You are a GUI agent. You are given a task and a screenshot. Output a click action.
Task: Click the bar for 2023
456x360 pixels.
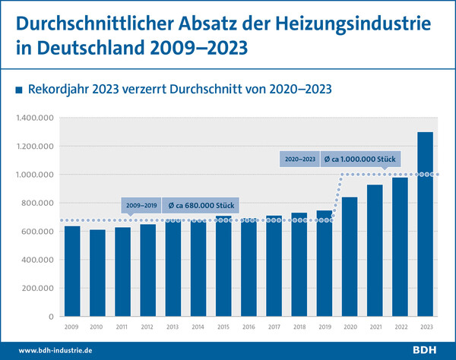click(426, 224)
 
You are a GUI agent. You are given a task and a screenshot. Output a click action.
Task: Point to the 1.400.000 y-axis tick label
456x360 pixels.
click(36, 118)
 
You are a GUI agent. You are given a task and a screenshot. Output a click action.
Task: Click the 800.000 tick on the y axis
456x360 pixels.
click(40, 203)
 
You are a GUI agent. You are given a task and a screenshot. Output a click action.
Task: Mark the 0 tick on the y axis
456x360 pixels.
click(51, 317)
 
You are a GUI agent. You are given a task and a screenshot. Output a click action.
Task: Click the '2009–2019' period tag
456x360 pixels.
click(141, 205)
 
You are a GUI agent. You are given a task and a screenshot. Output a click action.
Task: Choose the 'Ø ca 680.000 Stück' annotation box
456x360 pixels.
click(200, 205)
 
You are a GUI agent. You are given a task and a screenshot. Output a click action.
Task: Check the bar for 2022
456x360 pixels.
click(401, 247)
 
